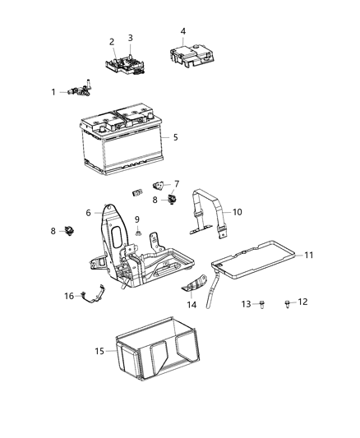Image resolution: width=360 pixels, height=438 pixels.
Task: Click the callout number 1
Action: [53, 92]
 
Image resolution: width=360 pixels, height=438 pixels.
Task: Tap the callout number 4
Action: [182, 31]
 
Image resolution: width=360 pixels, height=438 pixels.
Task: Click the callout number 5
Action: [174, 136]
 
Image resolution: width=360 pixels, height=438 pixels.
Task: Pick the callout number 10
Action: [237, 211]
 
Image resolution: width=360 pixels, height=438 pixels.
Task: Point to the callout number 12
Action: [302, 302]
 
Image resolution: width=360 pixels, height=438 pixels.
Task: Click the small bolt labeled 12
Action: [288, 303]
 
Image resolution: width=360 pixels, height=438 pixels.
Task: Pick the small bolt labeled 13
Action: [261, 304]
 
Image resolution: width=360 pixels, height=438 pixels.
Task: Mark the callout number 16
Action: [69, 296]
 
